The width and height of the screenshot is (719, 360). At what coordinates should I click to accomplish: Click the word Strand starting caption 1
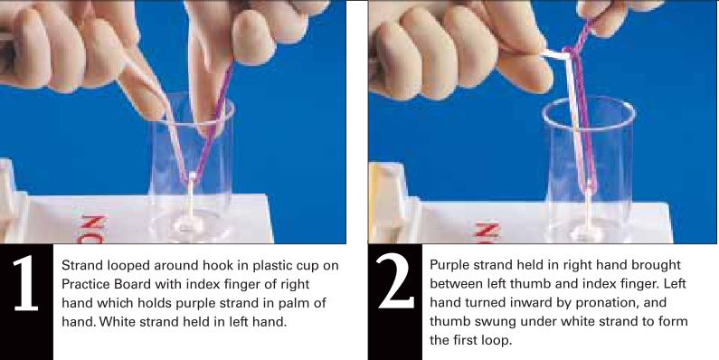(80, 266)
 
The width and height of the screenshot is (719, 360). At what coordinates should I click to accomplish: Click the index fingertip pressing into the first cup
(203, 123)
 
